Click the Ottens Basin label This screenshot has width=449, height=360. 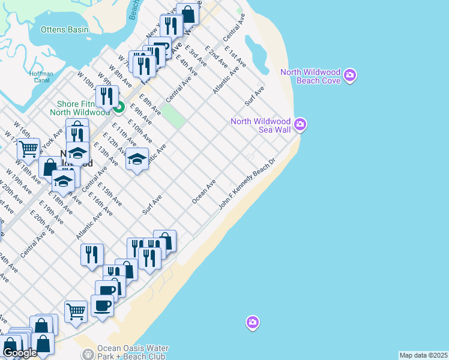pos(64,29)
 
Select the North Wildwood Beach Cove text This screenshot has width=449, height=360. pos(310,76)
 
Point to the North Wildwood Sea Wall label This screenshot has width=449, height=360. pos(261,125)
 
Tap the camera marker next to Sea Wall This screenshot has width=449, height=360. pos(300,125)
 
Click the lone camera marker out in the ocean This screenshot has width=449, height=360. pos(252,323)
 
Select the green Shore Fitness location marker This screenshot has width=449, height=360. pos(119,108)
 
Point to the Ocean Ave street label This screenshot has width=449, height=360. pos(203,191)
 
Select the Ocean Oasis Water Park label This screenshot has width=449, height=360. pos(133,352)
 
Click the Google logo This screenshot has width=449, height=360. pos(20,353)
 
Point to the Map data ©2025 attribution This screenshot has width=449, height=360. pos(424,355)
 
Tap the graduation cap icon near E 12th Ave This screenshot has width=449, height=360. pos(137,159)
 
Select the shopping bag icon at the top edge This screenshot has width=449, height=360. pos(188,14)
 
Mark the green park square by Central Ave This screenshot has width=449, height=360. pos(173,116)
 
